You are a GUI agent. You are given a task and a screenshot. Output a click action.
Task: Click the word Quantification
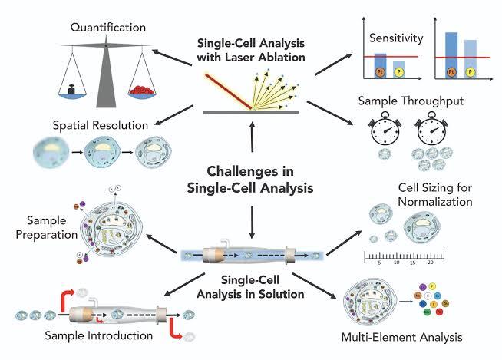tap(108, 28)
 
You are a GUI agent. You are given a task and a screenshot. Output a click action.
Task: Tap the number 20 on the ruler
tap(431, 263)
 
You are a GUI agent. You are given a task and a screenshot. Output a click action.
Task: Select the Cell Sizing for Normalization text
tap(434, 195)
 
